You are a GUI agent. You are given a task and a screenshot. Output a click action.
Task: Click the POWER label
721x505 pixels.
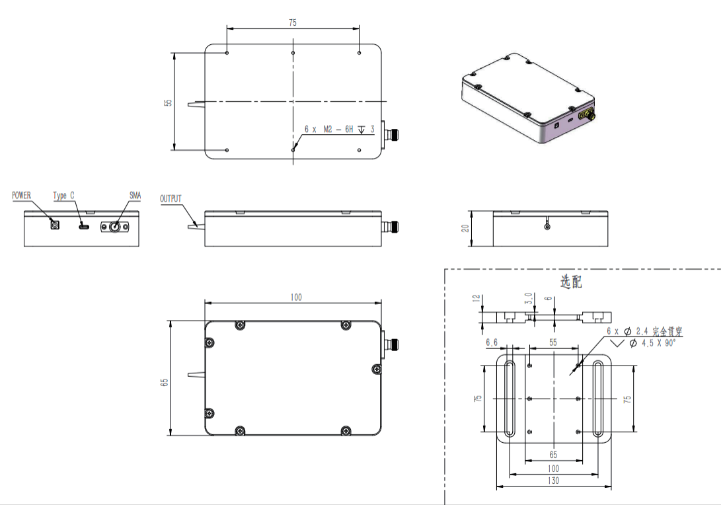click(x=22, y=196)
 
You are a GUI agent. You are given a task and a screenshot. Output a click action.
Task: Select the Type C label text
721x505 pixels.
click(x=63, y=196)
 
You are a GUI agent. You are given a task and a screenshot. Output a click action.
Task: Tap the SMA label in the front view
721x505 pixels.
click(x=135, y=196)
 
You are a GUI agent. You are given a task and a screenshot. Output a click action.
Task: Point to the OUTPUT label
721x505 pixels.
click(x=171, y=199)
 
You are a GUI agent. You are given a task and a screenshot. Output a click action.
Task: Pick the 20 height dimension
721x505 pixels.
click(x=465, y=228)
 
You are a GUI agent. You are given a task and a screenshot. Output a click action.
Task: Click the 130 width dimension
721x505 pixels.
click(x=553, y=481)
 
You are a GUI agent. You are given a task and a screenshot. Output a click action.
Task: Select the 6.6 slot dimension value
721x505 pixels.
click(x=492, y=342)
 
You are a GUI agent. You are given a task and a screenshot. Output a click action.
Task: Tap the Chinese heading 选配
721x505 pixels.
click(x=570, y=282)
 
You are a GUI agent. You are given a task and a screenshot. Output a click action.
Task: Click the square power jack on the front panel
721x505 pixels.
click(x=55, y=225)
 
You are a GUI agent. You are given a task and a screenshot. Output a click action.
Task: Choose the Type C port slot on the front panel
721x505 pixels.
click(x=84, y=226)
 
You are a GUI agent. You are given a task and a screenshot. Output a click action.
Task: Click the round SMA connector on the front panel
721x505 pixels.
click(x=114, y=226)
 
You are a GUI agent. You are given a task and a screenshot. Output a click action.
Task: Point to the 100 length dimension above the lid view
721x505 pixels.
click(x=296, y=297)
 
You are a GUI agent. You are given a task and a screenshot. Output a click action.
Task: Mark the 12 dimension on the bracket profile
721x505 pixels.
click(x=476, y=298)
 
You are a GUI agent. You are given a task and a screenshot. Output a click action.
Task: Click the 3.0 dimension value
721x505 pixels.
click(x=528, y=298)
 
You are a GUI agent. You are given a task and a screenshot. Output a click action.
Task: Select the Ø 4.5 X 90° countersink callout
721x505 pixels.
click(x=652, y=343)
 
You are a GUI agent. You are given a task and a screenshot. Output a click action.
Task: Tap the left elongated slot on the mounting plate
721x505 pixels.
click(x=509, y=399)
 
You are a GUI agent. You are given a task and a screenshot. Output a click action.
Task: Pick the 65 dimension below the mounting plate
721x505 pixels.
click(x=553, y=455)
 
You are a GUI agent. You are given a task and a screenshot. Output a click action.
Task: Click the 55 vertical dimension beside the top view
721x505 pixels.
click(x=169, y=102)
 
